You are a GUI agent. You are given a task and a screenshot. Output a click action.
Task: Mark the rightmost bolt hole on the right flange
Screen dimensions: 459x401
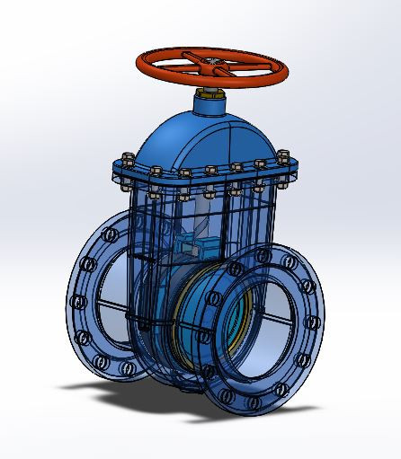(x=314, y=322)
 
